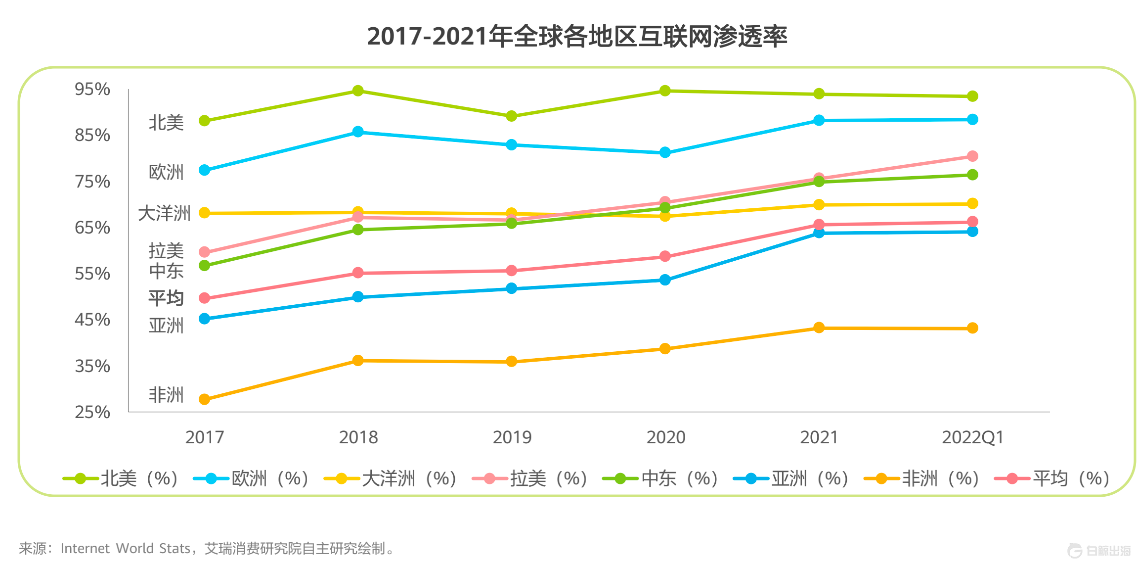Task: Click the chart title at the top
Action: pyautogui.click(x=576, y=36)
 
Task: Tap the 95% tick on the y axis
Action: pyautogui.click(x=92, y=89)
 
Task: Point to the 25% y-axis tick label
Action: pyautogui.click(x=92, y=412)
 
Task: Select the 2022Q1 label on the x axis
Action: pyautogui.click(x=972, y=437)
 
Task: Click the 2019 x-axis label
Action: pyautogui.click(x=512, y=437)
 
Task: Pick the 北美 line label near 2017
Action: pyautogui.click(x=166, y=123)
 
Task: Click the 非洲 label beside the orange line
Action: pyautogui.click(x=166, y=395)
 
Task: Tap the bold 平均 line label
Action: pyautogui.click(x=166, y=298)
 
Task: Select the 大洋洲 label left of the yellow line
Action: pyautogui.click(x=164, y=213)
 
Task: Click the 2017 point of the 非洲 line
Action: pyautogui.click(x=204, y=399)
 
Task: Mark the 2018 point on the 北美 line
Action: pyautogui.click(x=358, y=91)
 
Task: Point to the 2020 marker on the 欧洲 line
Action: pyautogui.click(x=665, y=152)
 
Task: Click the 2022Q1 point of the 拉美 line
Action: pyautogui.click(x=972, y=156)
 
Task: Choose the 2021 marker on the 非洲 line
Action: pyautogui.click(x=819, y=328)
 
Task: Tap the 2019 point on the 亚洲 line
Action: pyautogui.click(x=512, y=288)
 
